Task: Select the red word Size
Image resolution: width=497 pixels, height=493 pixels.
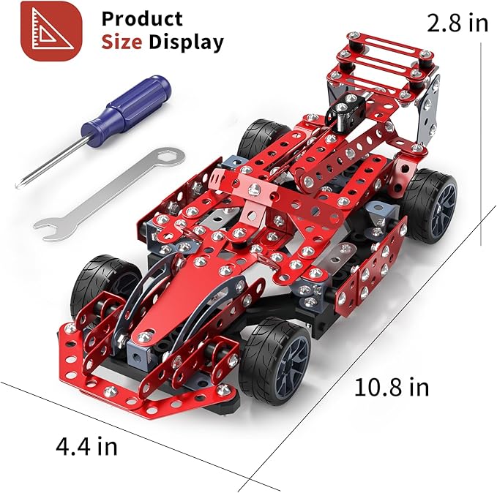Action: [122, 42]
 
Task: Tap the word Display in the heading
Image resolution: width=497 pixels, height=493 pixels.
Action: [186, 42]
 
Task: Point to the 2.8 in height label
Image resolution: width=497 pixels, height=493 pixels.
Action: [457, 23]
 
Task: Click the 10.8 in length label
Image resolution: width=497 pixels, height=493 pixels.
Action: [392, 387]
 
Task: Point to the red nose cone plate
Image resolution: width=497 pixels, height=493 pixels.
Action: [184, 293]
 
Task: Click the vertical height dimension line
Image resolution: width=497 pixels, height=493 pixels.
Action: [481, 146]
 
